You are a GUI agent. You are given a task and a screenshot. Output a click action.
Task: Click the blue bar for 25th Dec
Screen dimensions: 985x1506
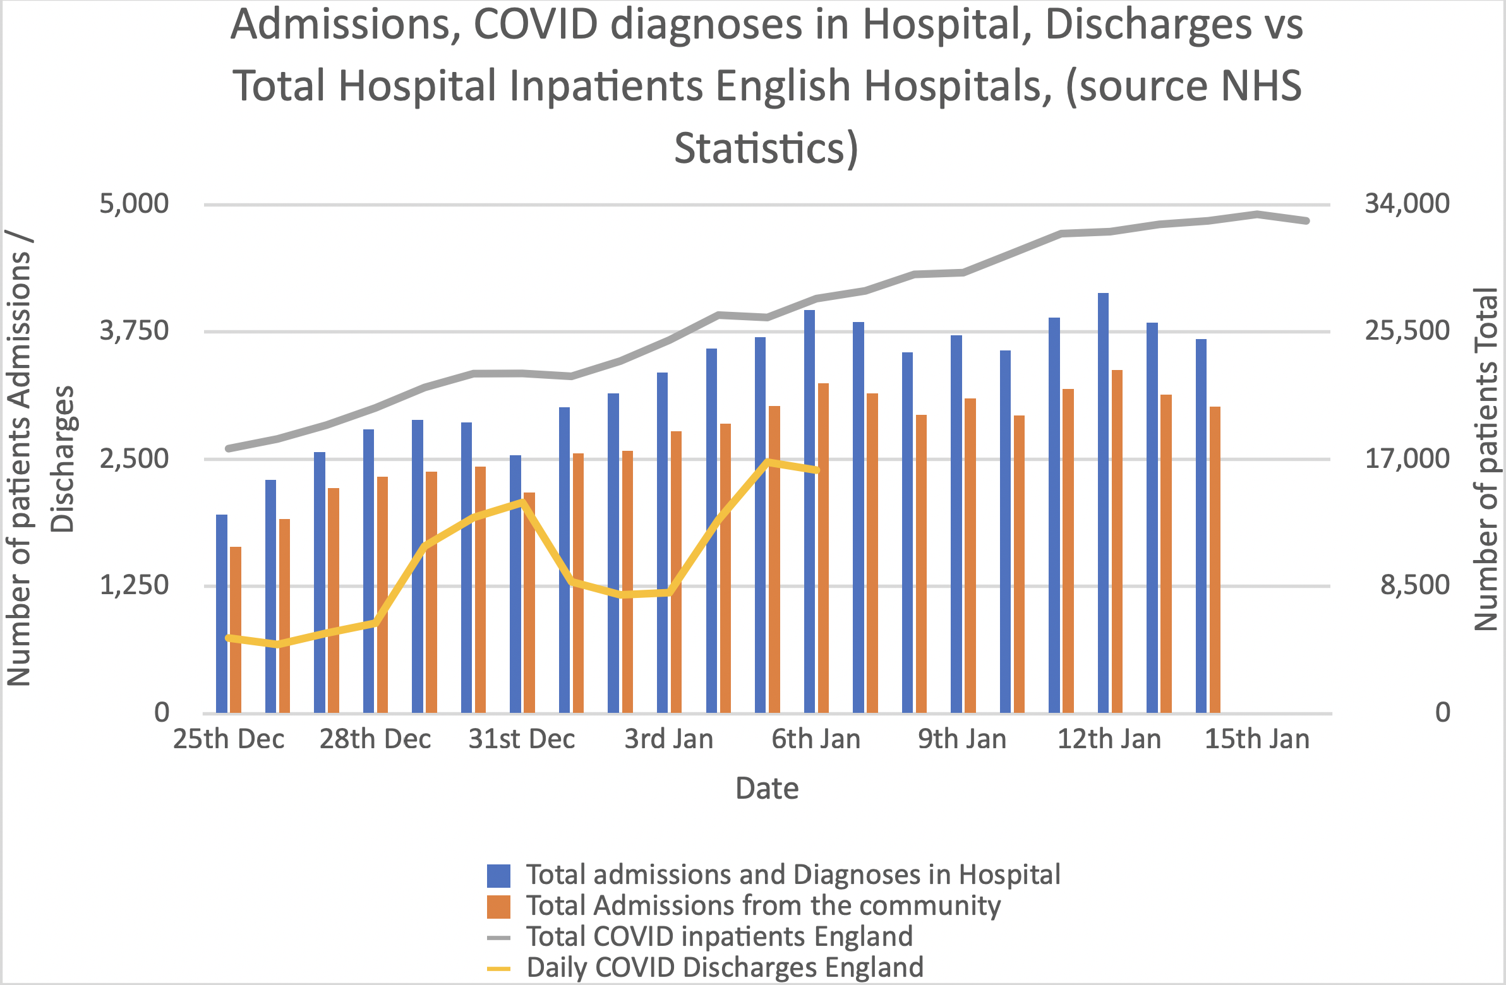click(x=222, y=614)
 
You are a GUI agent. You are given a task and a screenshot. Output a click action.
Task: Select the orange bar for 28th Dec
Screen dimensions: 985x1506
click(x=382, y=595)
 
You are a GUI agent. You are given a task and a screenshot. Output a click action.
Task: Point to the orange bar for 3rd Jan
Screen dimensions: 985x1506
click(x=676, y=572)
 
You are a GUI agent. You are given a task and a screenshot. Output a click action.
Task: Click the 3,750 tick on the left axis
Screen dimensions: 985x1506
click(x=134, y=331)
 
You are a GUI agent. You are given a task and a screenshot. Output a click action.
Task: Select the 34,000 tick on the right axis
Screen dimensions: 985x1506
click(x=1406, y=204)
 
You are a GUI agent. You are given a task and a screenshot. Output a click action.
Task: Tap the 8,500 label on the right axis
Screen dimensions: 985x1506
click(x=1415, y=585)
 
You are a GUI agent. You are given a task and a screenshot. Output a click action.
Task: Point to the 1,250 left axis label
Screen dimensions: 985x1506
click(x=134, y=585)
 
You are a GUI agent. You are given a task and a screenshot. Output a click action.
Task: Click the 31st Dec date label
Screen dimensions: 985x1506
click(x=521, y=739)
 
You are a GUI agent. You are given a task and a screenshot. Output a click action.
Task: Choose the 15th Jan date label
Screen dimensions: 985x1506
click(x=1256, y=739)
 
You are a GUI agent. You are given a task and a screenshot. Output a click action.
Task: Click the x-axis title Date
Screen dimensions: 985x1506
click(x=767, y=788)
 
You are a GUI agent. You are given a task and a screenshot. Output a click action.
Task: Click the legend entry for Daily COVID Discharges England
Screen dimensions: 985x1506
click(x=725, y=967)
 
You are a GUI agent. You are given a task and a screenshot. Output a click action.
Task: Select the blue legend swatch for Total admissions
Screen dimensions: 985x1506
click(x=498, y=876)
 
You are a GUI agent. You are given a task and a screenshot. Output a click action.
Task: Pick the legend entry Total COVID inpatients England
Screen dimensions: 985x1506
click(x=720, y=936)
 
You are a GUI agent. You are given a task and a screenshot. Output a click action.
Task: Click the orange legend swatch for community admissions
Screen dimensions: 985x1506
click(x=498, y=907)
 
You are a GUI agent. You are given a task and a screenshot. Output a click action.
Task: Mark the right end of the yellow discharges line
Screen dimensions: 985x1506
click(x=817, y=470)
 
